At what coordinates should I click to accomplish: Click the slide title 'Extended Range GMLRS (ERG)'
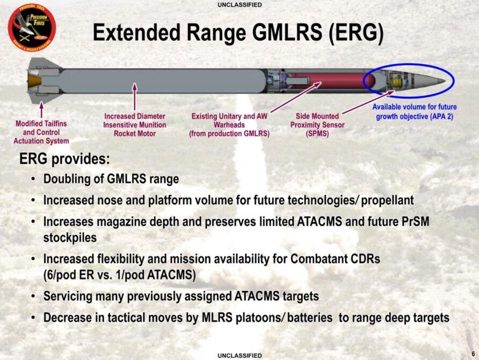point(238,33)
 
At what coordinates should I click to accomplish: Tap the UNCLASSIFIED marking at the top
point(240,5)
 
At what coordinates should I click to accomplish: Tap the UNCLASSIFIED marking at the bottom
point(240,355)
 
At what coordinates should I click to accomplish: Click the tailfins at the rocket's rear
point(43,81)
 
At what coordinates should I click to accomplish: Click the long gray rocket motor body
point(161,81)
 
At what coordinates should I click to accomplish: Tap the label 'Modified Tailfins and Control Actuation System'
point(41,132)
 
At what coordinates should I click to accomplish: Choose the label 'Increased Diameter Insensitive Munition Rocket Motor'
point(135,125)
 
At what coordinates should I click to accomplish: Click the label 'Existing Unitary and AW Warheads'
point(229,125)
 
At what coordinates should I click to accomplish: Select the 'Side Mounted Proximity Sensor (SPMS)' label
point(317,125)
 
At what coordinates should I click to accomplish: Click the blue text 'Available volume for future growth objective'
point(415,112)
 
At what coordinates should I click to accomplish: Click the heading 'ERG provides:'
point(64,160)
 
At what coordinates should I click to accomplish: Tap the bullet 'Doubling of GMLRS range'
point(111,179)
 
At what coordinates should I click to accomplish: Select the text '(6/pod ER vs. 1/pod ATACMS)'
point(119,275)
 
